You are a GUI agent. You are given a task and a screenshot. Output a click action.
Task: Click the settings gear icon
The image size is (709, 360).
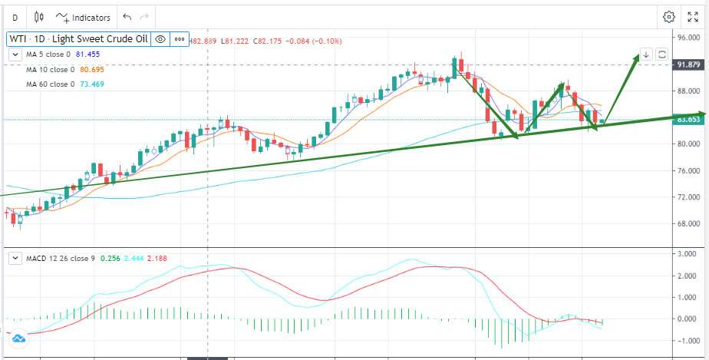(669, 17)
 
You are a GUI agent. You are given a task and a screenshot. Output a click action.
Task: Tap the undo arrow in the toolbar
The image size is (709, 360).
(127, 17)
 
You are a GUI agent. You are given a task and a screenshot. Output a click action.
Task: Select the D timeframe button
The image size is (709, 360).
(15, 17)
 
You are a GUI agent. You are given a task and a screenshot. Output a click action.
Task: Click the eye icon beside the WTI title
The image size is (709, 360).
(160, 38)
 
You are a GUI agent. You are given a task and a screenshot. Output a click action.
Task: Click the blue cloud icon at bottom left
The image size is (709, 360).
(18, 338)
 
